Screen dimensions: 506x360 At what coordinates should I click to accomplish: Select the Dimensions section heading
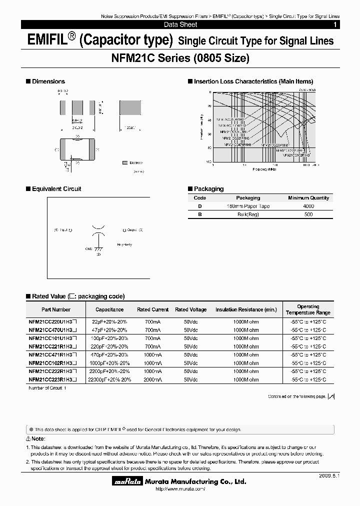point(48,81)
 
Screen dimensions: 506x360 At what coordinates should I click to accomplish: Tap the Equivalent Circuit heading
point(56,189)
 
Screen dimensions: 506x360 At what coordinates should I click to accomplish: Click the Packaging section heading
point(208,189)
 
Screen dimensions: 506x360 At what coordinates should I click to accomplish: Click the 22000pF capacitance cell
point(109,379)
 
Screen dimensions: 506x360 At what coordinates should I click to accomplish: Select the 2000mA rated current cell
point(152,379)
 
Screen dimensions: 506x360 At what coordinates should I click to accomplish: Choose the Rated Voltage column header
point(190,309)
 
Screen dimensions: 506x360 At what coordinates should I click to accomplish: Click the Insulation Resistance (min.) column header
point(246,309)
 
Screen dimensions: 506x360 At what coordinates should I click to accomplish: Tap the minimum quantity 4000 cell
point(308,206)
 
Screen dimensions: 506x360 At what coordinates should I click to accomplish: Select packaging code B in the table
point(200,214)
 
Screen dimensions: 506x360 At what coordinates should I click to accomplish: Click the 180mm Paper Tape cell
point(248,206)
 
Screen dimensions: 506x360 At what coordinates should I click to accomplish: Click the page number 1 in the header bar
point(334,24)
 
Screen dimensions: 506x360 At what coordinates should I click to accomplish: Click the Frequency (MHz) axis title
point(265,169)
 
